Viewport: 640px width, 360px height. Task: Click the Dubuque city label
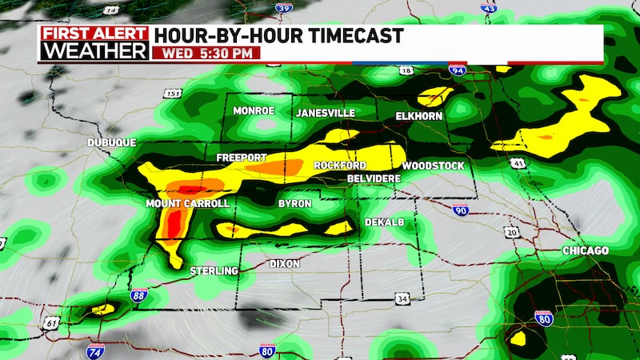tap(111, 142)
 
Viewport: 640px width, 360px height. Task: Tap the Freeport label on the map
tap(241, 158)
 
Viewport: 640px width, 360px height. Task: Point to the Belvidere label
tap(374, 178)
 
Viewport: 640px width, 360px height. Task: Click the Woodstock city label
tap(433, 166)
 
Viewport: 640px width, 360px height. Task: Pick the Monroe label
tap(254, 111)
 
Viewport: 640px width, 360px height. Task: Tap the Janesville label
tap(325, 113)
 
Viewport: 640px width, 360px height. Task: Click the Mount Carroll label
tap(187, 204)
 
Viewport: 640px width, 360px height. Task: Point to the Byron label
tap(294, 204)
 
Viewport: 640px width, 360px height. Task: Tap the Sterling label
tap(214, 271)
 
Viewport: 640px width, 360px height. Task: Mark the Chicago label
tap(585, 251)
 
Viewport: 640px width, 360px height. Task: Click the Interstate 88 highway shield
tap(139, 299)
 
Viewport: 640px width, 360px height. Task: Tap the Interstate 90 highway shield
tap(459, 210)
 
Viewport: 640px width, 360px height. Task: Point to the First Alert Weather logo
tap(94, 43)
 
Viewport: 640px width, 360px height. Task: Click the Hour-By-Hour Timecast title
tap(278, 35)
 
